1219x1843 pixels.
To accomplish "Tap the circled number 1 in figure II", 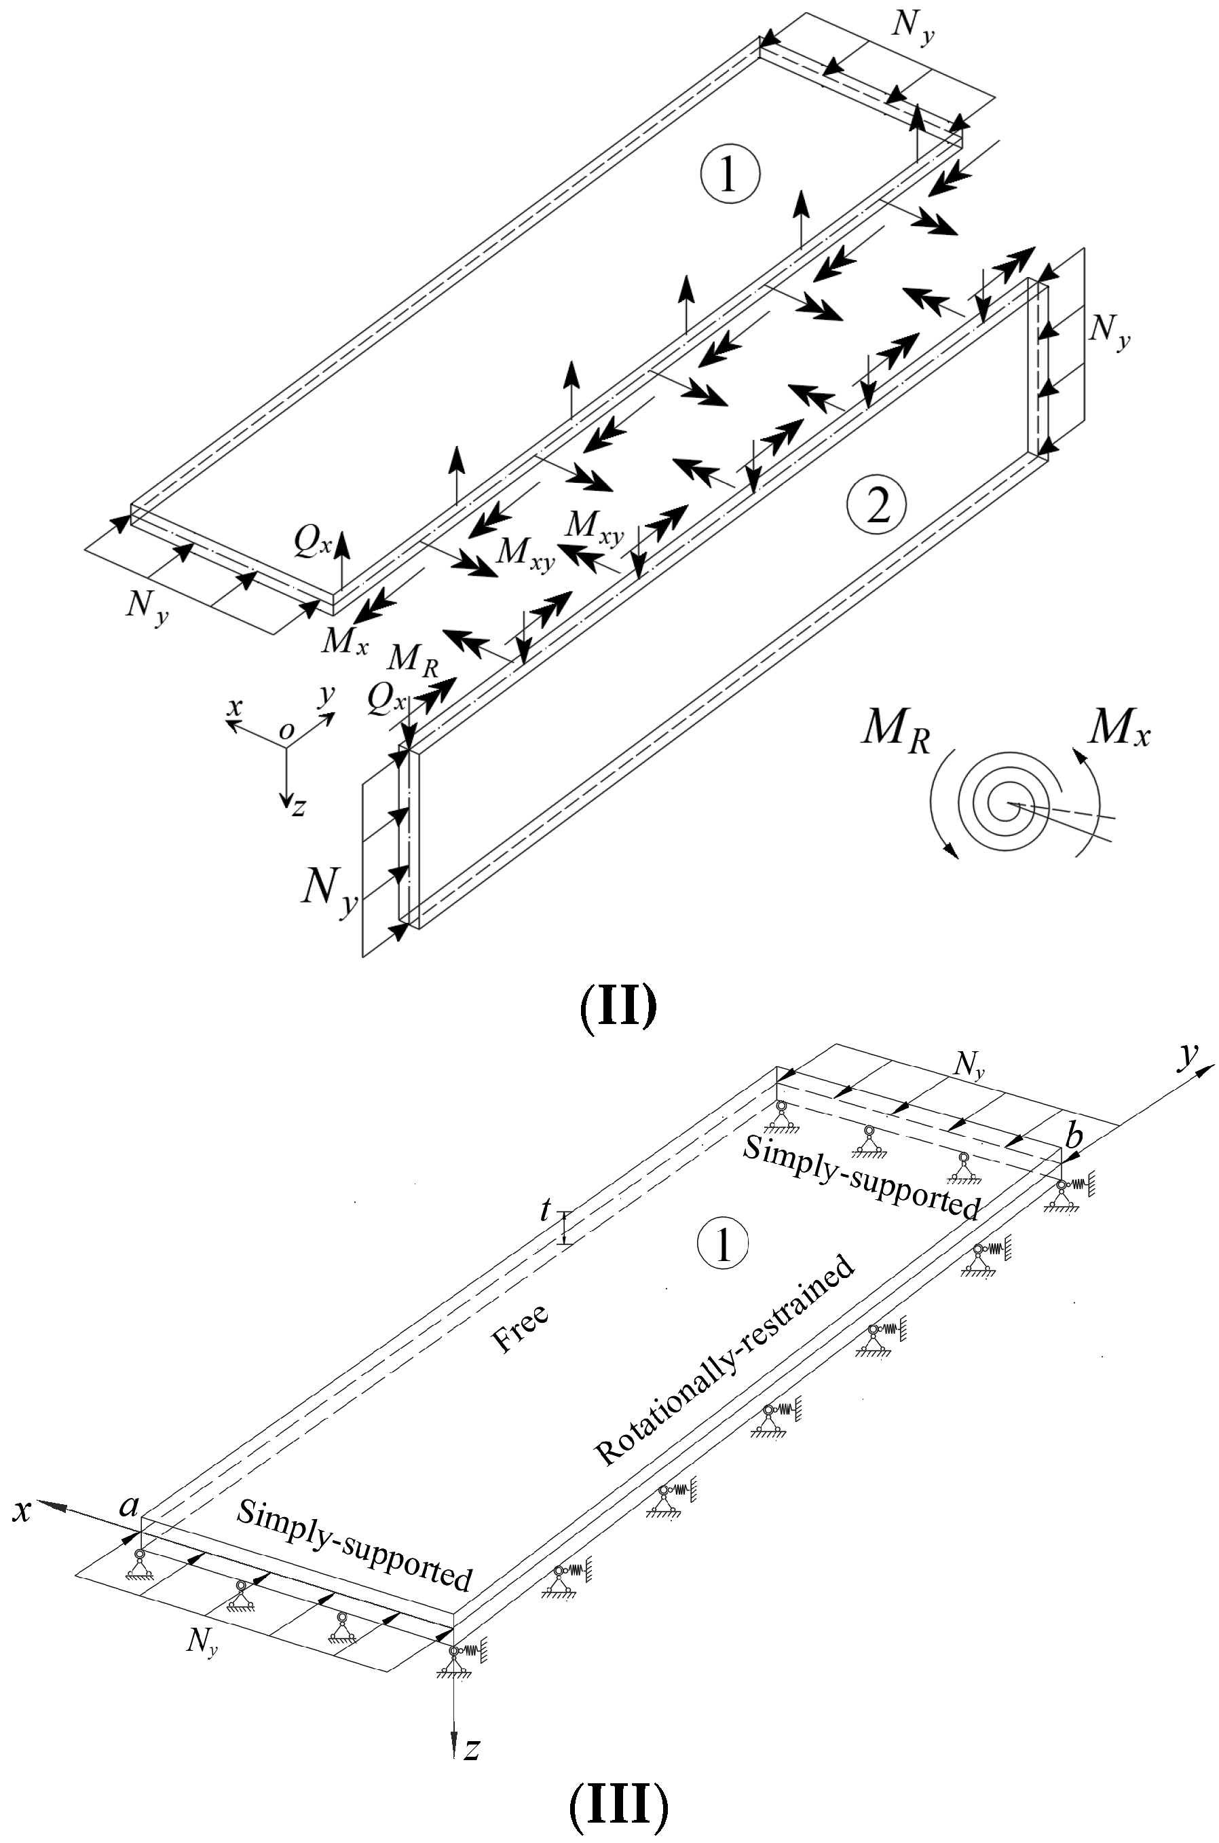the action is point(729,175).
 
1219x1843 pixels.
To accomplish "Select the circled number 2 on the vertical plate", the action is point(878,505).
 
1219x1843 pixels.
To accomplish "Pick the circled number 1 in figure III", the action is point(723,1243).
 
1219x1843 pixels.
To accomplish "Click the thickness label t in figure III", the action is point(546,1210).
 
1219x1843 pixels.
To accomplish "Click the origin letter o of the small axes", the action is point(286,730).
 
